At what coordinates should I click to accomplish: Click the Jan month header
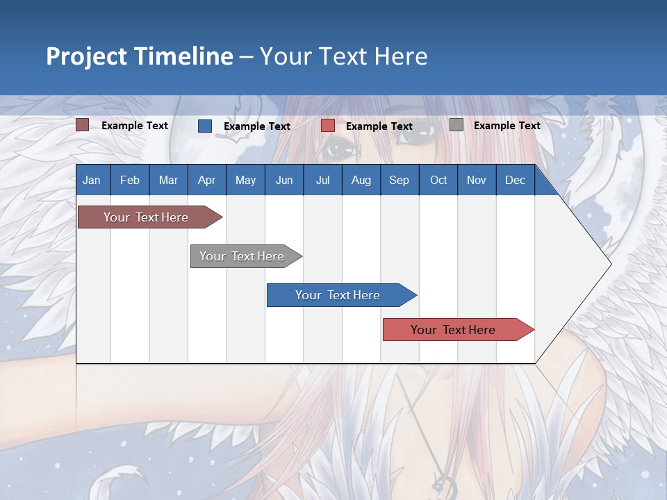click(92, 180)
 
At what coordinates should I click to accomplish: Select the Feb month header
click(130, 180)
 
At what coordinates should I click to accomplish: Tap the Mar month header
click(168, 180)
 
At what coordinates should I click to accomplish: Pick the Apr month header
click(207, 180)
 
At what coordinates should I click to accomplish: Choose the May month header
click(245, 180)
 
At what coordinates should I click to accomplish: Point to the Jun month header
click(284, 180)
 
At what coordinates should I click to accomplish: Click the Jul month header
click(322, 180)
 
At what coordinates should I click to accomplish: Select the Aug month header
click(361, 180)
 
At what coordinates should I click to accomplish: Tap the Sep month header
click(400, 180)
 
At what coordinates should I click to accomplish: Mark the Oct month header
click(438, 180)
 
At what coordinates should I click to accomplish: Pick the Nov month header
click(477, 180)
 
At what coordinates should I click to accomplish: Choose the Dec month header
click(516, 180)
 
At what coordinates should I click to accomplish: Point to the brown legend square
click(83, 125)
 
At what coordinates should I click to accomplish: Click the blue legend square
click(205, 126)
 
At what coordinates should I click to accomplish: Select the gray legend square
click(456, 125)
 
